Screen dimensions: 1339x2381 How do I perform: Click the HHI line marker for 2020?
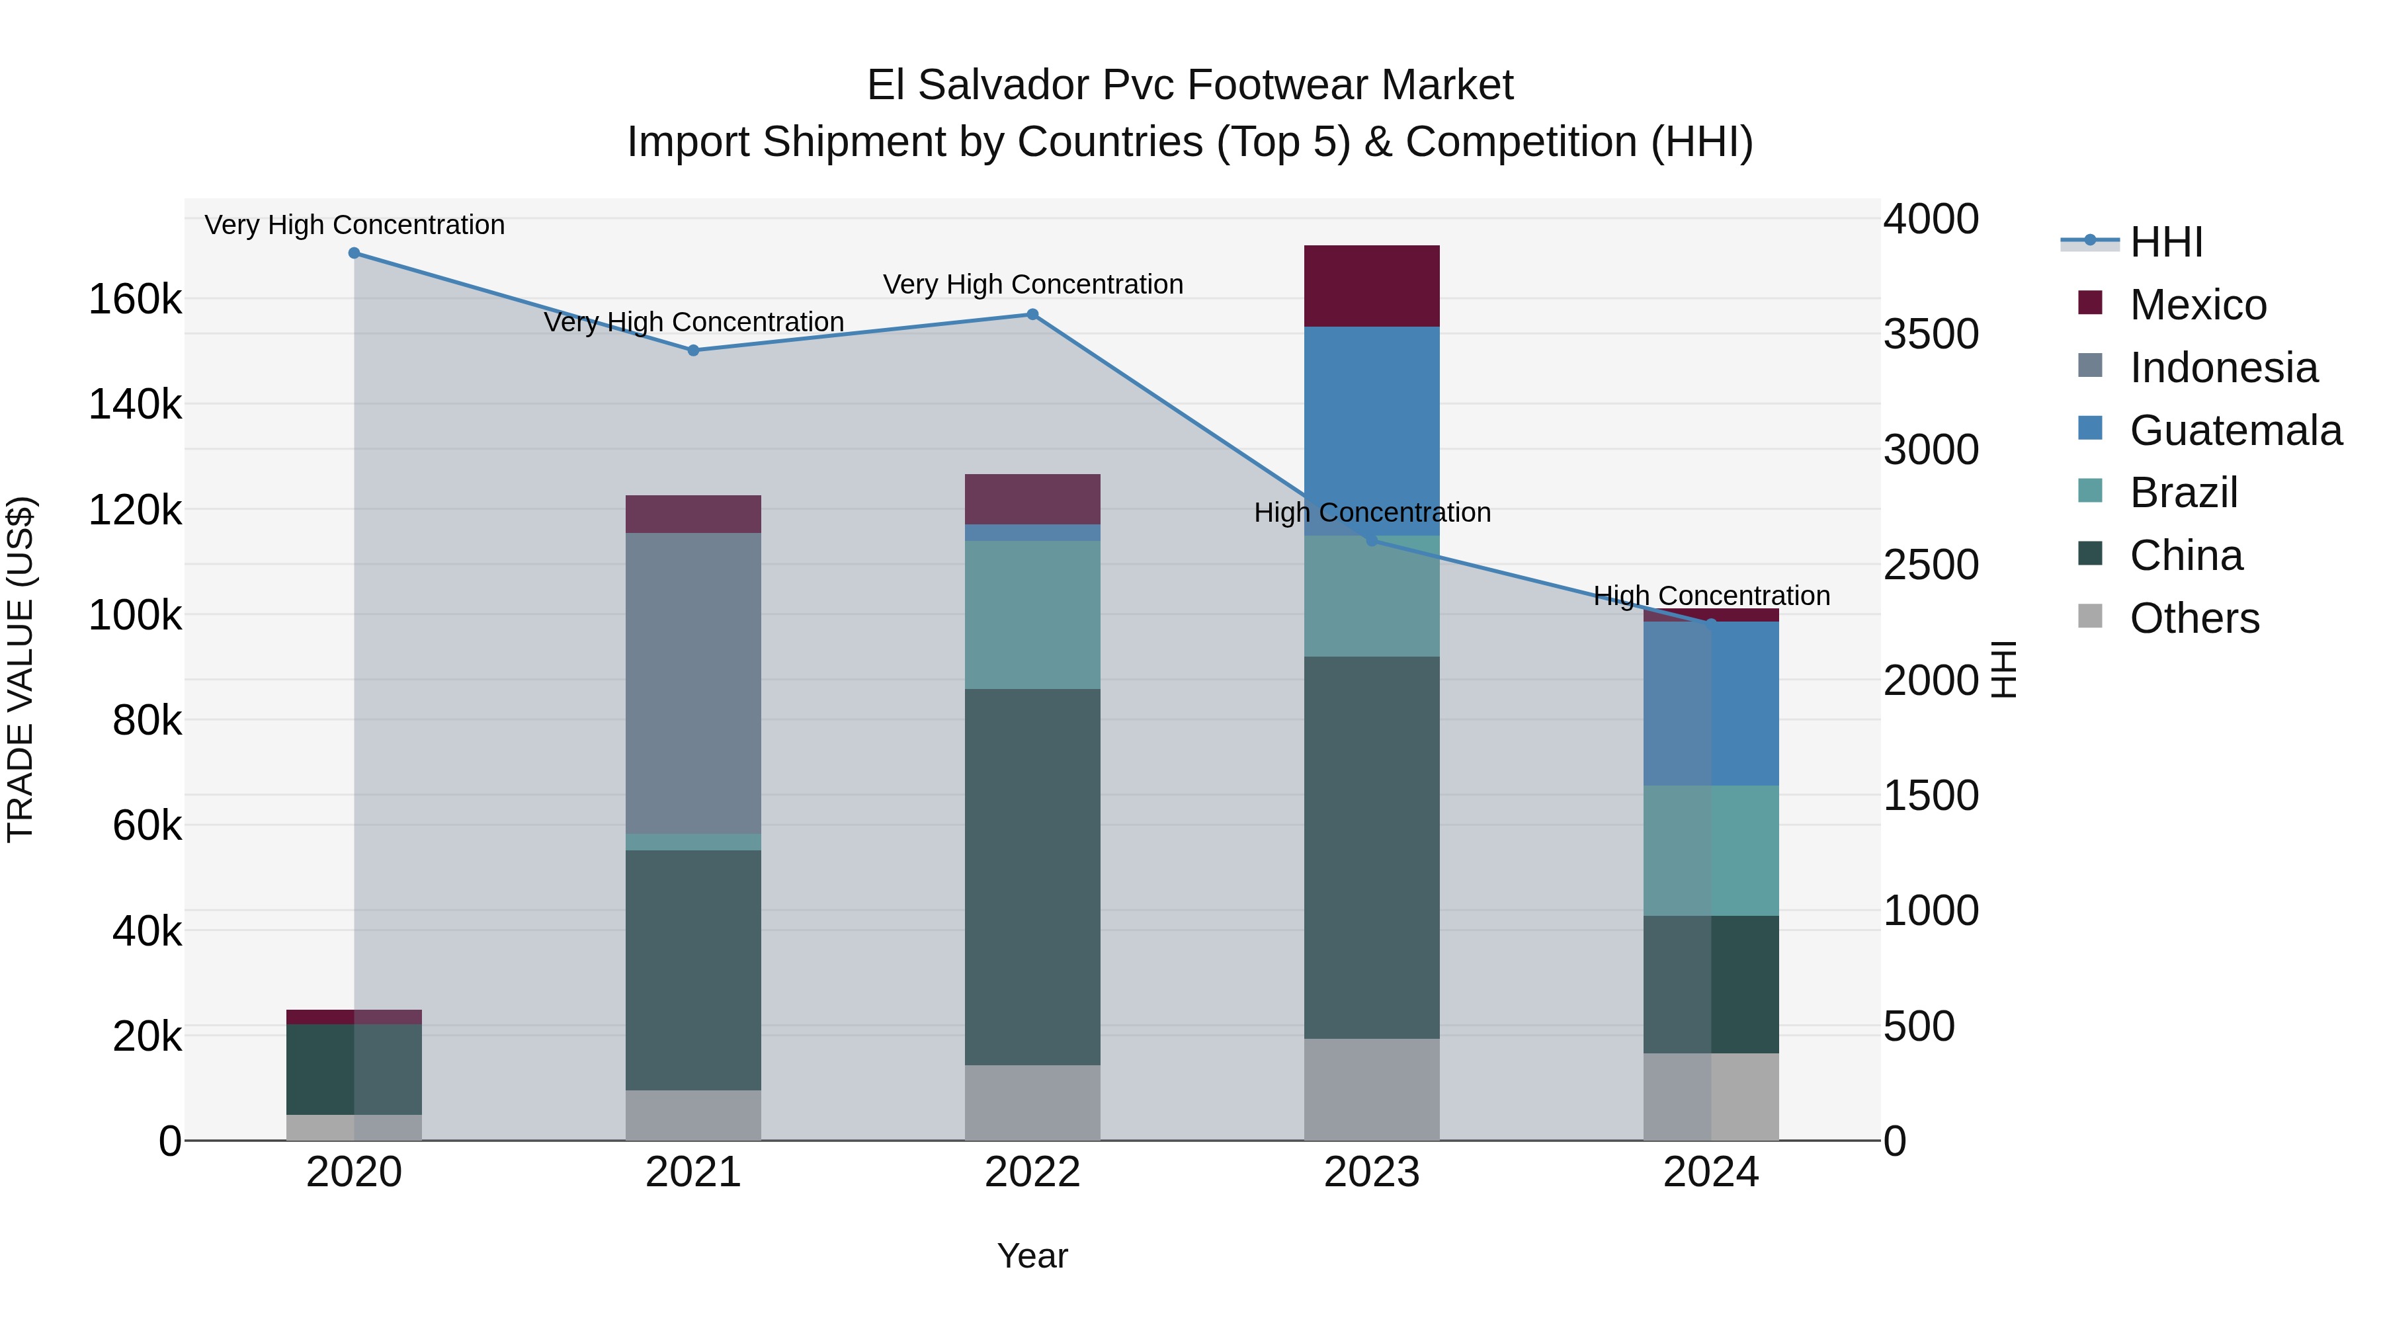click(x=354, y=253)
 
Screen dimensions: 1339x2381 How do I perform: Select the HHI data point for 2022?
click(x=1032, y=314)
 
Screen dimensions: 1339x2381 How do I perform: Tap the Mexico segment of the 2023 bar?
click(x=1372, y=286)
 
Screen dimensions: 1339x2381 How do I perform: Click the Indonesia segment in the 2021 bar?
click(x=693, y=683)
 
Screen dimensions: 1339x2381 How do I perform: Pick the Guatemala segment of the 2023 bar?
click(x=1372, y=430)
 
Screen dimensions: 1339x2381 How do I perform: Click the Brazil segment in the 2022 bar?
click(x=1032, y=614)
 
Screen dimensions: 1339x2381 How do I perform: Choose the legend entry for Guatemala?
click(x=2235, y=430)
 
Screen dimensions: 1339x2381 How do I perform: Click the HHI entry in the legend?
click(x=2165, y=242)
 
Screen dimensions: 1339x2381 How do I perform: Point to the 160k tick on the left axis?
click(x=135, y=300)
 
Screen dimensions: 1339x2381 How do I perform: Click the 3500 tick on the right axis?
click(x=1931, y=335)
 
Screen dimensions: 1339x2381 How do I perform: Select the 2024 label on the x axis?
click(x=1711, y=1172)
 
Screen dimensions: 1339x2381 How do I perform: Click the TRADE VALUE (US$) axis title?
click(x=21, y=669)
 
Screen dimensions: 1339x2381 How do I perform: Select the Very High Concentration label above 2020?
click(x=354, y=225)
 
